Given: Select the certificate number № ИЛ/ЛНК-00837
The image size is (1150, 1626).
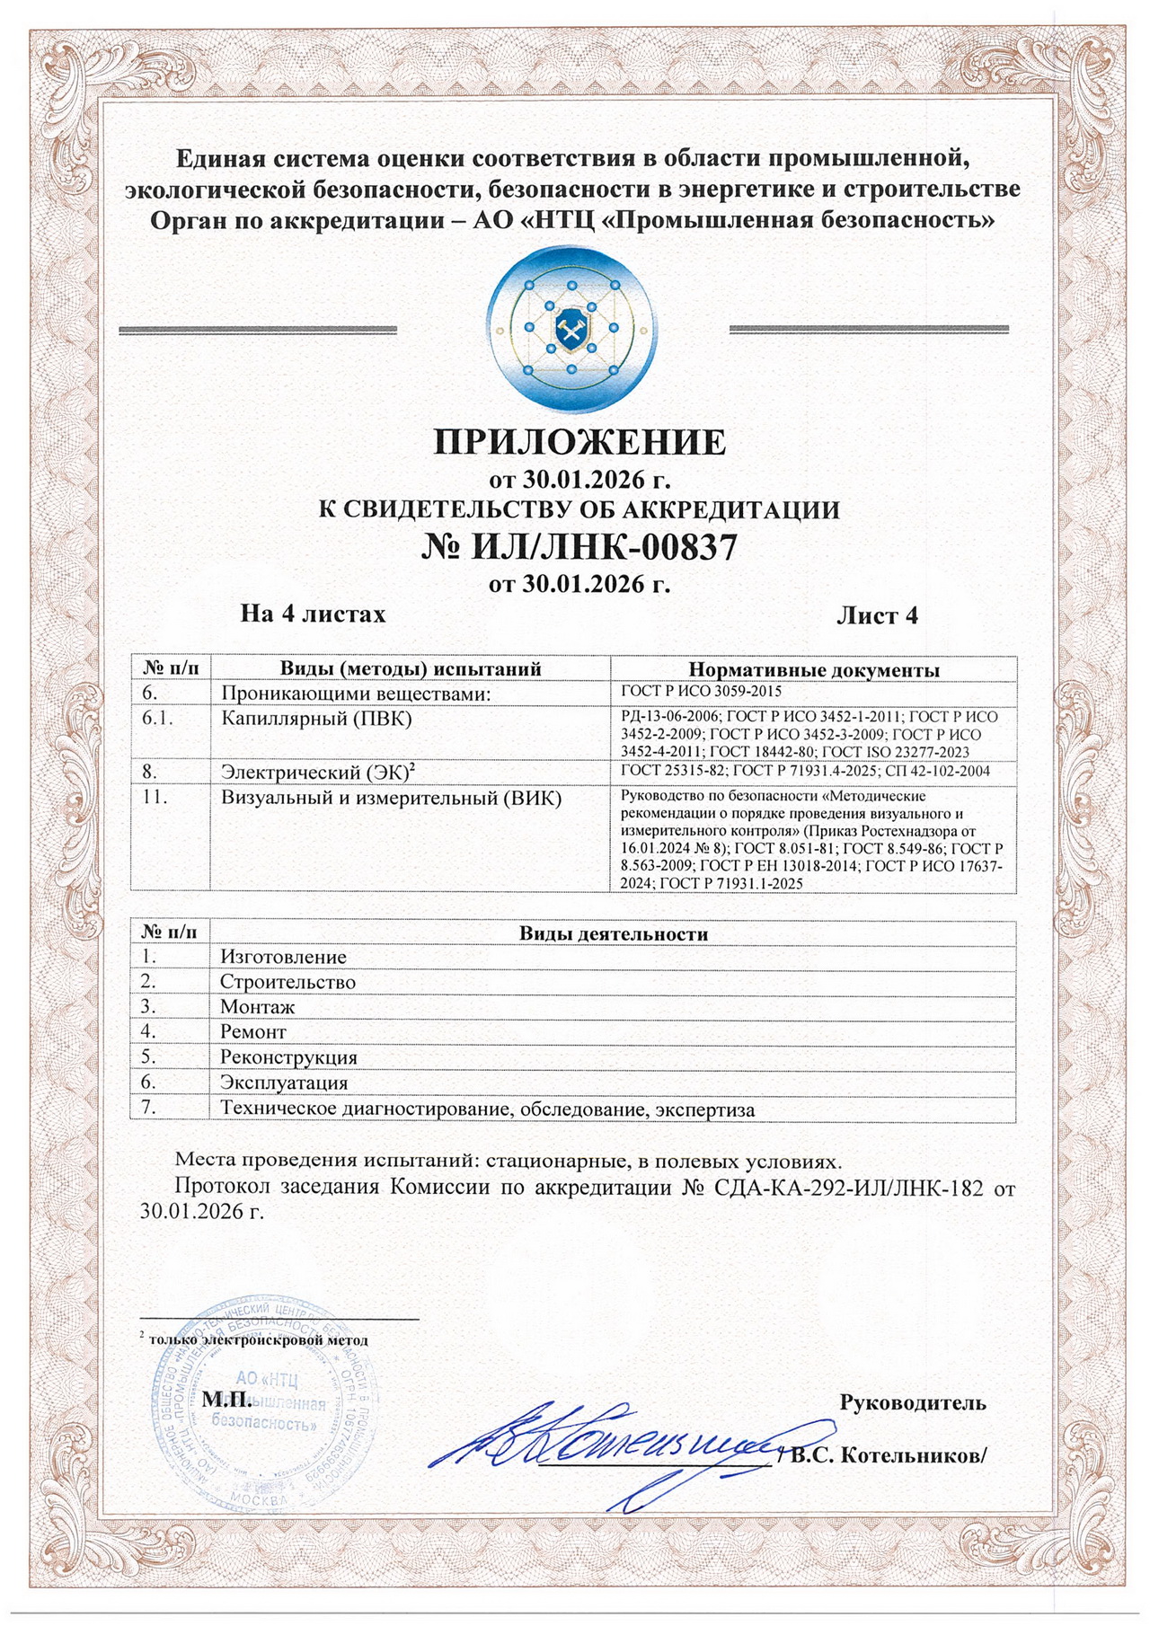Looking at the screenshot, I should coord(579,546).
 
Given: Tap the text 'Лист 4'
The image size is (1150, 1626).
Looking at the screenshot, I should coord(877,615).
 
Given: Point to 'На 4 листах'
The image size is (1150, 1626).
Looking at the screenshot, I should coord(313,614).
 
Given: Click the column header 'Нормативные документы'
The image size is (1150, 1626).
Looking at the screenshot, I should coord(813,670).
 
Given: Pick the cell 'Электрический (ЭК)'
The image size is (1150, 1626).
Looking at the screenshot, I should coord(317,772).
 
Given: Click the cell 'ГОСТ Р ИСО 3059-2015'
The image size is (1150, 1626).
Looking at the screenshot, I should coord(701,692).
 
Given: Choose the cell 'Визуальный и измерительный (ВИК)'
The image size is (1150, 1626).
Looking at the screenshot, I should coord(391,797).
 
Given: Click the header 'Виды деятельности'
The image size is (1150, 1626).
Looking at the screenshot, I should coord(613,934).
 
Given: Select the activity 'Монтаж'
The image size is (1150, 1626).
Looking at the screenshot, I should coord(257,1008).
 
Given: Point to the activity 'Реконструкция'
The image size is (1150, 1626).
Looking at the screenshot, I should coord(288,1058).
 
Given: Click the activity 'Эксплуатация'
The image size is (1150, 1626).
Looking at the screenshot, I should coord(284,1083).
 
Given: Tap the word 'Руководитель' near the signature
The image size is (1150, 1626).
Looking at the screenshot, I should coord(912,1402).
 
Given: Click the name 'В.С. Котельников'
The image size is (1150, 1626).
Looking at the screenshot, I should coord(885,1456).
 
